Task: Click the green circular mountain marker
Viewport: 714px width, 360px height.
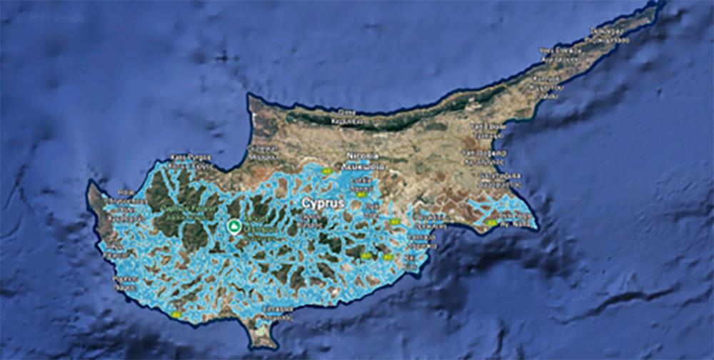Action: tap(233, 226)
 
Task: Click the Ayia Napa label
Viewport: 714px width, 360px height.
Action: tap(513, 222)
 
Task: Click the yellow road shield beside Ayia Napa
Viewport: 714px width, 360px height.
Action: tap(491, 223)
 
